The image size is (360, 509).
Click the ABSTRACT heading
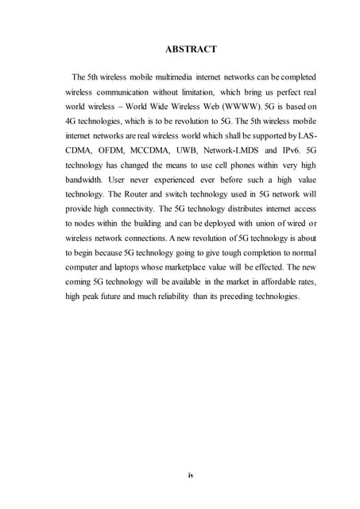coord(190,49)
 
